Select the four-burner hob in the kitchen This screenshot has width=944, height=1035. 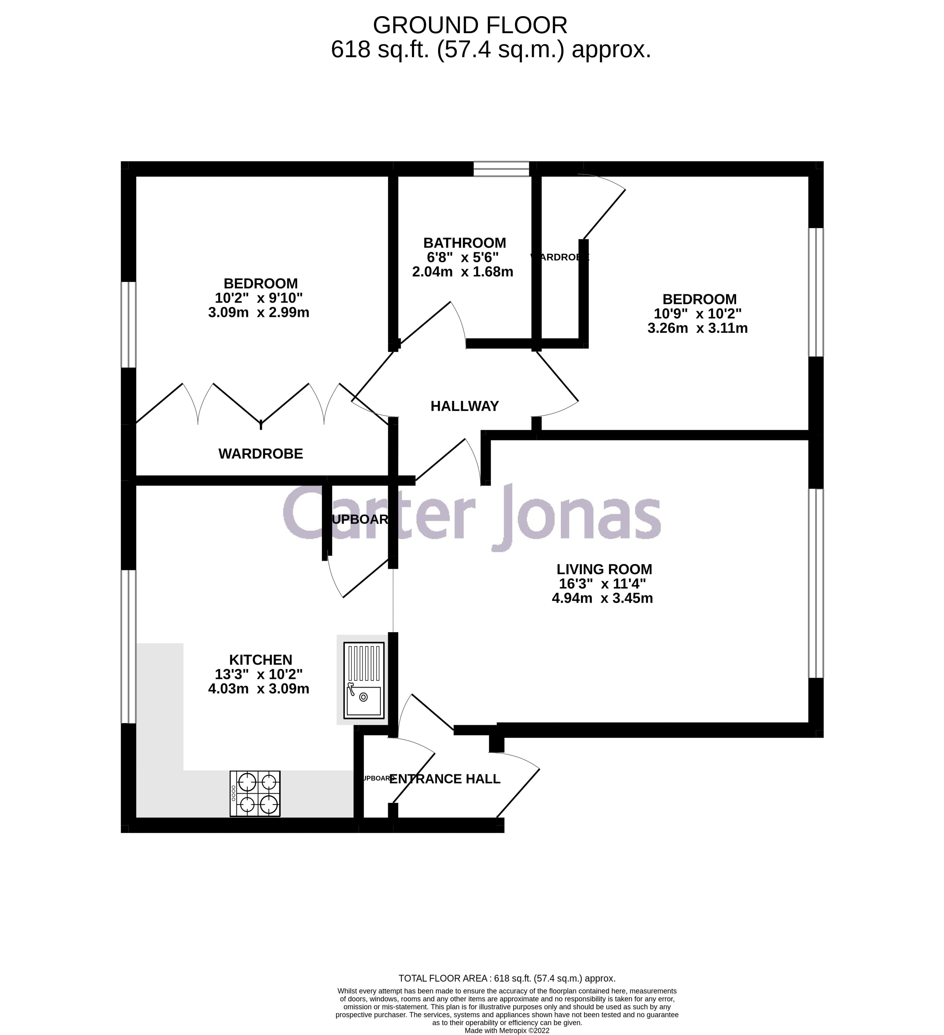pyautogui.click(x=255, y=793)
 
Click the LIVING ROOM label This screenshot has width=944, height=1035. pyautogui.click(x=604, y=569)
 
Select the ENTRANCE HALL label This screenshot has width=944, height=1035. pyautogui.click(x=444, y=779)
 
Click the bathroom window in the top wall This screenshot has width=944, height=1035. pyautogui.click(x=501, y=169)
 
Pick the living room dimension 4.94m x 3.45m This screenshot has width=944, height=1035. pyautogui.click(x=602, y=598)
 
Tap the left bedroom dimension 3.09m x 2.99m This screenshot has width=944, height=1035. pyautogui.click(x=259, y=312)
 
